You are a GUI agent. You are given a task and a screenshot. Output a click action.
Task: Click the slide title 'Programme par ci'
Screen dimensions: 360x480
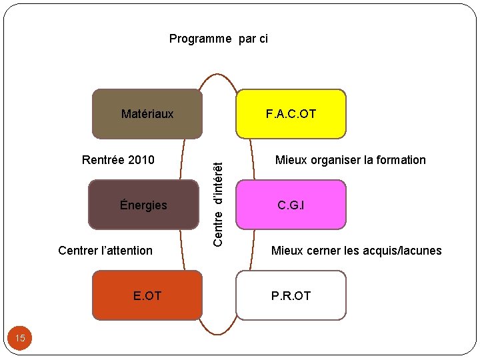click(x=218, y=39)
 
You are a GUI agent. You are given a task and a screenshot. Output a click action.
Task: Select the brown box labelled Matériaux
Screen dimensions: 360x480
click(x=147, y=114)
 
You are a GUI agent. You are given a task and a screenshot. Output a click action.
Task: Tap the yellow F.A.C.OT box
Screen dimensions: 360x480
click(x=291, y=114)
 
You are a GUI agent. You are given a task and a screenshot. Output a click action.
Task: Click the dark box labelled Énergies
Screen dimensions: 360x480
click(x=144, y=205)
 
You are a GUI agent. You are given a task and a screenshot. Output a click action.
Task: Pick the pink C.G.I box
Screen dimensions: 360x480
click(x=291, y=205)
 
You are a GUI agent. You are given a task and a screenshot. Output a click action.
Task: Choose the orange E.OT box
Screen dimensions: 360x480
click(x=147, y=295)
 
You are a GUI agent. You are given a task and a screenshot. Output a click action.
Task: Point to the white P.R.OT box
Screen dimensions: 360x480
click(x=291, y=295)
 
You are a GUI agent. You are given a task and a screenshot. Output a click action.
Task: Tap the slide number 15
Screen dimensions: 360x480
click(x=20, y=339)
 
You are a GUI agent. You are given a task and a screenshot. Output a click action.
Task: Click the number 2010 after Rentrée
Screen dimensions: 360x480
click(x=141, y=160)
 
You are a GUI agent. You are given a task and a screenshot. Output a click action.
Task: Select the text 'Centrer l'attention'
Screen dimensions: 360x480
click(x=105, y=251)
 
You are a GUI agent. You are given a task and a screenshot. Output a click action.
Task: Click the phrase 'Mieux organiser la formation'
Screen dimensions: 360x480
click(x=351, y=160)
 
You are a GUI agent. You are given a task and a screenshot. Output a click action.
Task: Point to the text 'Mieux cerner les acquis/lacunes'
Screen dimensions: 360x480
click(x=356, y=251)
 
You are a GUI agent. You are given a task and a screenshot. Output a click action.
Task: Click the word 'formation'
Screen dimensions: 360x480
click(x=401, y=160)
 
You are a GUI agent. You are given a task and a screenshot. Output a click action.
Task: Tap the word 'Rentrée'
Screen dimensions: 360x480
click(x=103, y=160)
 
